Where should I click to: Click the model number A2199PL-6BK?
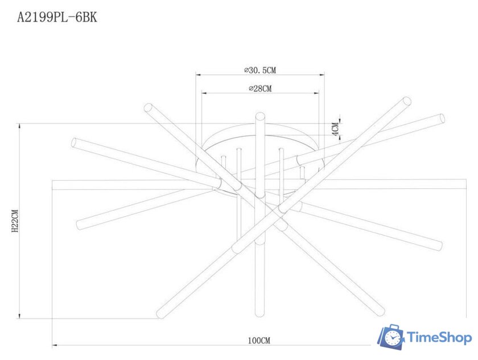click(57, 18)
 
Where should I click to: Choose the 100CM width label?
click(259, 341)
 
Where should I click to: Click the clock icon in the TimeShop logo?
click(392, 338)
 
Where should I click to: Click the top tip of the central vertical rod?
click(260, 115)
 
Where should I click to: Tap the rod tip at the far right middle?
click(439, 246)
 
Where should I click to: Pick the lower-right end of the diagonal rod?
click(381, 312)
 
